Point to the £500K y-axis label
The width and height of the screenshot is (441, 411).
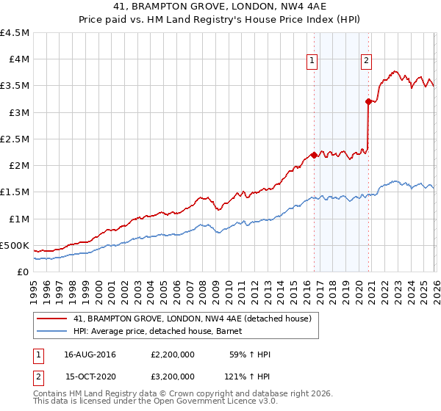[15, 245]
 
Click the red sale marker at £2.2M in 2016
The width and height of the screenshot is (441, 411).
[314, 155]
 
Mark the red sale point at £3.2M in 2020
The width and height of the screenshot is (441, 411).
[368, 102]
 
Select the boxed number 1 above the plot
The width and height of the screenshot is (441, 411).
[313, 62]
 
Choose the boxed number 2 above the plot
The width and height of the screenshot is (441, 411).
[366, 62]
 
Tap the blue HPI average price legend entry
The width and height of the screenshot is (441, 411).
[162, 332]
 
